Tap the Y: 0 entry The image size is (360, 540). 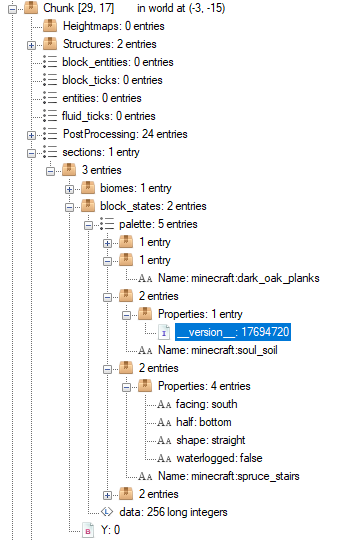point(109,530)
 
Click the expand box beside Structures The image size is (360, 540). point(32,44)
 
